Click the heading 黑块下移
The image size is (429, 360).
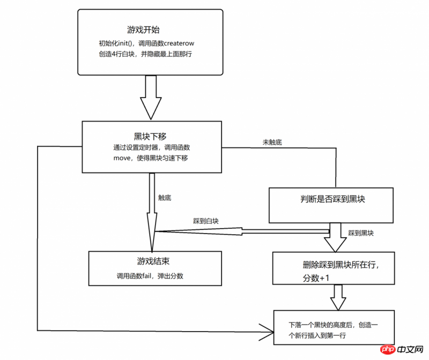click(146, 136)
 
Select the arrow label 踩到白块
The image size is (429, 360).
click(206, 221)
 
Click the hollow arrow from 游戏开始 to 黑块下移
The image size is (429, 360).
click(151, 96)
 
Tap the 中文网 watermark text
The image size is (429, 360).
click(409, 350)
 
